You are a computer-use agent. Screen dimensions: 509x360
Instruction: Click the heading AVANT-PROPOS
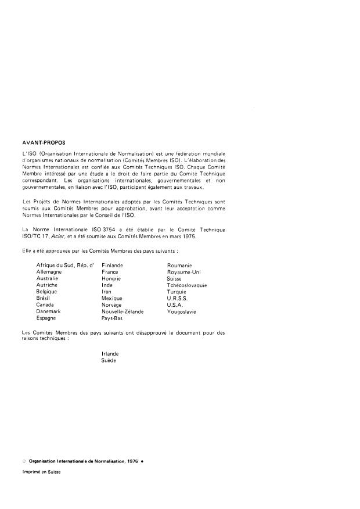click(x=41, y=141)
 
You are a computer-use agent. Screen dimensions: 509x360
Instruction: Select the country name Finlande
click(x=112, y=265)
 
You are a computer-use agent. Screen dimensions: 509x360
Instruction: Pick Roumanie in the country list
click(x=179, y=265)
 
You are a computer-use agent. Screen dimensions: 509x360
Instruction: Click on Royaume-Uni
click(x=183, y=271)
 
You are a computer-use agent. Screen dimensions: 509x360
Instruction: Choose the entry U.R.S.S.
click(x=178, y=298)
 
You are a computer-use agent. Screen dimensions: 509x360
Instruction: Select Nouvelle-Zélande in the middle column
click(x=123, y=311)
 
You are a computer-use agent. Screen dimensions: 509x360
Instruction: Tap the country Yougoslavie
click(x=182, y=311)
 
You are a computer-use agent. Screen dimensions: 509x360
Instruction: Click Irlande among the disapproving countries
click(x=110, y=354)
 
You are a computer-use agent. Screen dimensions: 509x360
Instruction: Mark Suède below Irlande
click(x=109, y=360)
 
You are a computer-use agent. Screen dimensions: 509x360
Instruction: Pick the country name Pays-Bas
click(x=111, y=318)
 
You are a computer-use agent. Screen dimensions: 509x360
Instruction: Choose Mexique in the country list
click(x=111, y=298)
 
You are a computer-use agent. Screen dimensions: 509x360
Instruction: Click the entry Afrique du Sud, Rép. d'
click(x=65, y=265)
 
